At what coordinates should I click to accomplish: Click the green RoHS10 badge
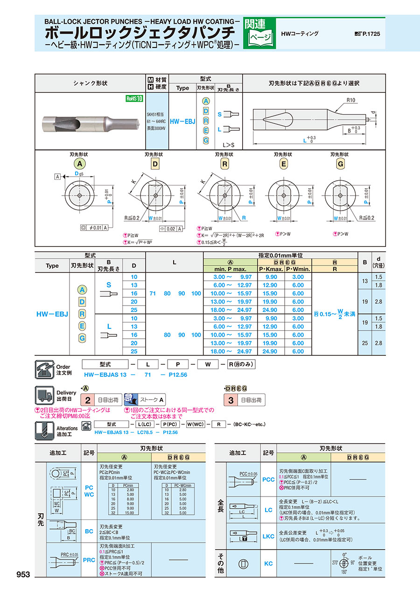134,98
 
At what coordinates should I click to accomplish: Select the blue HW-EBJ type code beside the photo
182,121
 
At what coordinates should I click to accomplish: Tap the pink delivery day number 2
87,400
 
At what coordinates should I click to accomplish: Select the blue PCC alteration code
268,479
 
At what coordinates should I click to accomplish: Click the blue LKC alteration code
268,536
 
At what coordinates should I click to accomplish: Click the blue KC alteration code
268,563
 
